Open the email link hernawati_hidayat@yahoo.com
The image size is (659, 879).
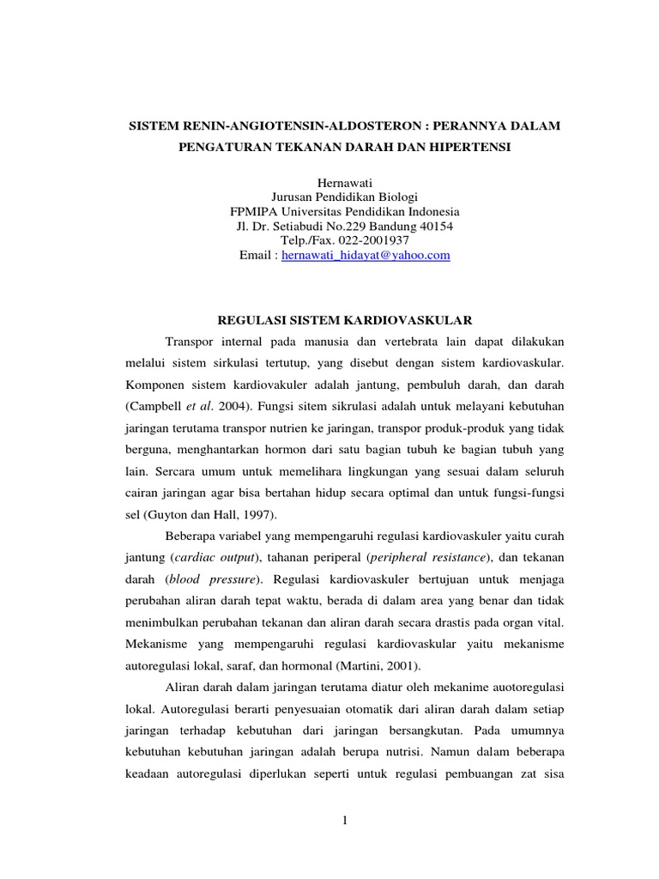pos(366,256)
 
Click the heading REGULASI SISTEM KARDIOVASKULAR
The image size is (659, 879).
pos(346,320)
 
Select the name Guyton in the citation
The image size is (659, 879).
pos(168,515)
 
